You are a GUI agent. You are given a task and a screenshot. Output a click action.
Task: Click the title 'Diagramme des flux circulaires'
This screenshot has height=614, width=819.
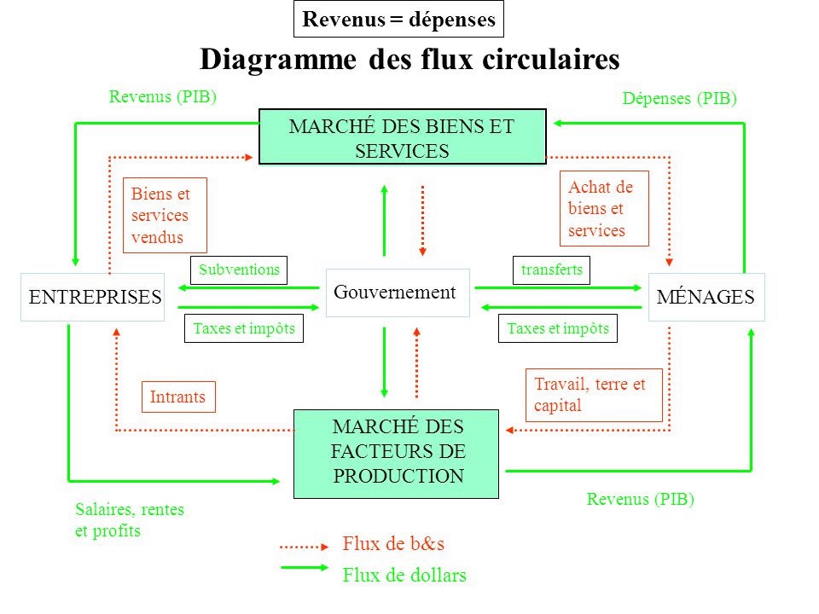409,59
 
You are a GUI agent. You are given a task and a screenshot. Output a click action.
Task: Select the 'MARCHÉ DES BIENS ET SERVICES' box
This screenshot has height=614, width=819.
402,136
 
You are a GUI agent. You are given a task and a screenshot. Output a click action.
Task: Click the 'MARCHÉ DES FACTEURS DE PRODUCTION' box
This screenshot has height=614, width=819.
396,453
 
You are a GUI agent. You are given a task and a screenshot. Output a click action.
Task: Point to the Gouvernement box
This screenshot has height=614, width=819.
398,293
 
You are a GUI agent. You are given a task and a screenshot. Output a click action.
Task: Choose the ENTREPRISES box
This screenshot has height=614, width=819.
93,297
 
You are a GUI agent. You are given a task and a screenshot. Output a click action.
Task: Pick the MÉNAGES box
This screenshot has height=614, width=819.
706,297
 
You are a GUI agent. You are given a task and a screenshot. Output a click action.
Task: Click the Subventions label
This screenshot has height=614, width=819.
239,269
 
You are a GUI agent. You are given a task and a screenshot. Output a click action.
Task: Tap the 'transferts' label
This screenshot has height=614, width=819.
551,269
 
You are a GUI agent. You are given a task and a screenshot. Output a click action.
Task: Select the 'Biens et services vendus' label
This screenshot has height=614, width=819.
166,216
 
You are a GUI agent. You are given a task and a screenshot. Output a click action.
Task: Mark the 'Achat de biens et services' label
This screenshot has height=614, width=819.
603,209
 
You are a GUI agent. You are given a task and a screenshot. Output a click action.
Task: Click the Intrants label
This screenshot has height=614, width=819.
177,397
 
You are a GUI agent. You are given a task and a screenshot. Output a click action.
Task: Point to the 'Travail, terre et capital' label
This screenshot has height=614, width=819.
592,395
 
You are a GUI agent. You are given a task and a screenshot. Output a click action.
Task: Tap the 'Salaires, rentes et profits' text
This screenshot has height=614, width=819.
130,519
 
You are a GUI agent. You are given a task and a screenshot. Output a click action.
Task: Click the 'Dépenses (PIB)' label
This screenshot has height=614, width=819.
679,99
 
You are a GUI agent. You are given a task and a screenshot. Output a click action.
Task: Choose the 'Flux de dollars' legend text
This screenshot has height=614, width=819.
404,576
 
